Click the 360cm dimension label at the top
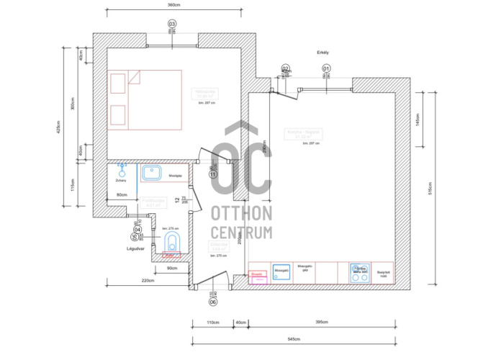coord(173,5)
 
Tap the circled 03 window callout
coord(171,24)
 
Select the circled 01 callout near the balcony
coord(326,68)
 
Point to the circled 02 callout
coord(285,68)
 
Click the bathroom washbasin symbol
coord(151,173)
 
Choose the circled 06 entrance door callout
coord(213,302)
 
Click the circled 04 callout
coord(137,230)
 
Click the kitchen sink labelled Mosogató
coord(281,271)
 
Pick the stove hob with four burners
coord(359,271)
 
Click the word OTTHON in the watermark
coord(242,213)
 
